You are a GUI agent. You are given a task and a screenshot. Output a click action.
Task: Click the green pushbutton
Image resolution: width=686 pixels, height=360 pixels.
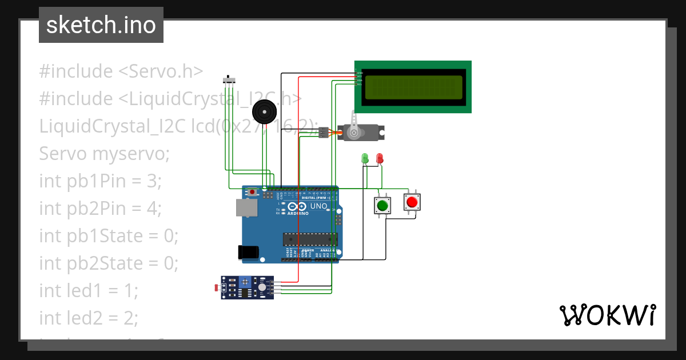tap(382, 206)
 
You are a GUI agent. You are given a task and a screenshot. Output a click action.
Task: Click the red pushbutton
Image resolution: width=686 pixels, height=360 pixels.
tap(412, 202)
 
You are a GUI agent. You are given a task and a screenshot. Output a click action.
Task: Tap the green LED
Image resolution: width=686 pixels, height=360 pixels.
tap(365, 158)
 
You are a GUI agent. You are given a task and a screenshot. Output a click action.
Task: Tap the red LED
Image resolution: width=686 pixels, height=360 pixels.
tap(380, 158)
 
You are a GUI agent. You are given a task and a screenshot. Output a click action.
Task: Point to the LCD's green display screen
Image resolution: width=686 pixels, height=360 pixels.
tap(413, 87)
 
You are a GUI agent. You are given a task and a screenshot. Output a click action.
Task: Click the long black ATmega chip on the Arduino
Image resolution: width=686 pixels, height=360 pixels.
tap(310, 239)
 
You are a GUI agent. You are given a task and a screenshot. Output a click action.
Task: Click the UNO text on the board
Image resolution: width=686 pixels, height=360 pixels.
tap(318, 206)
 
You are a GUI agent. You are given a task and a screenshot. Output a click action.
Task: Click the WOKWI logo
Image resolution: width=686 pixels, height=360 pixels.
tap(607, 315)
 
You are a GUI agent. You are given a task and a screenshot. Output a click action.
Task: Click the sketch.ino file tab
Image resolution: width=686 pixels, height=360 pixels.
tap(101, 25)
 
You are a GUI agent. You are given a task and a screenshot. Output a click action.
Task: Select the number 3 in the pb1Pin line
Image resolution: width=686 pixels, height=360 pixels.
tap(151, 181)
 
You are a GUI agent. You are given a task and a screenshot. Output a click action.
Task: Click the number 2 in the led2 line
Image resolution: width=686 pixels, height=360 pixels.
tap(131, 318)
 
